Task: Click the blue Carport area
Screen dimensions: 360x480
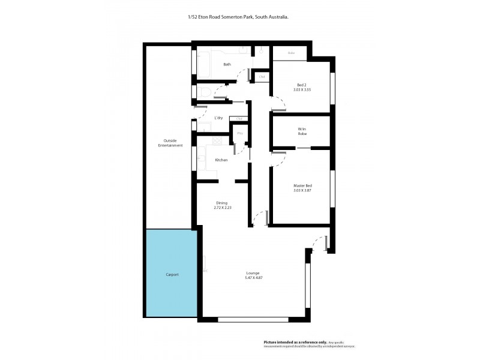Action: [172, 274]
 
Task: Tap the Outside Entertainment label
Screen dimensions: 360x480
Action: [166, 143]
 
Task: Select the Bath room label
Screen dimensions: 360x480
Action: [227, 64]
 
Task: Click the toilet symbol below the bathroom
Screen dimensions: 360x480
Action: [204, 92]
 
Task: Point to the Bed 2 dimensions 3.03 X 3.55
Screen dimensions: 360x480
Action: [304, 89]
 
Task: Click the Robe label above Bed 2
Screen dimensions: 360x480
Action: [292, 53]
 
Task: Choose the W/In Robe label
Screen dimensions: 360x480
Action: [302, 131]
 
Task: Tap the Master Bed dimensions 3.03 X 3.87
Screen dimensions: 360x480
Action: [302, 190]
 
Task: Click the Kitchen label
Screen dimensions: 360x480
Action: [221, 160]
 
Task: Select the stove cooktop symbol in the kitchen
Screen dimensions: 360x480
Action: [215, 142]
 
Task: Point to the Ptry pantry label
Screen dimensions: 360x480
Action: [239, 133]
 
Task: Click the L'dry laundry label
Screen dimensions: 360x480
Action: [219, 118]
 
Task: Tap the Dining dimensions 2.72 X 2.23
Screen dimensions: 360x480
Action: [221, 208]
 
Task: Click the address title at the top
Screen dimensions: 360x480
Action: [238, 17]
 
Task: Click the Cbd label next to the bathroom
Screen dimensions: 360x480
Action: [262, 77]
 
